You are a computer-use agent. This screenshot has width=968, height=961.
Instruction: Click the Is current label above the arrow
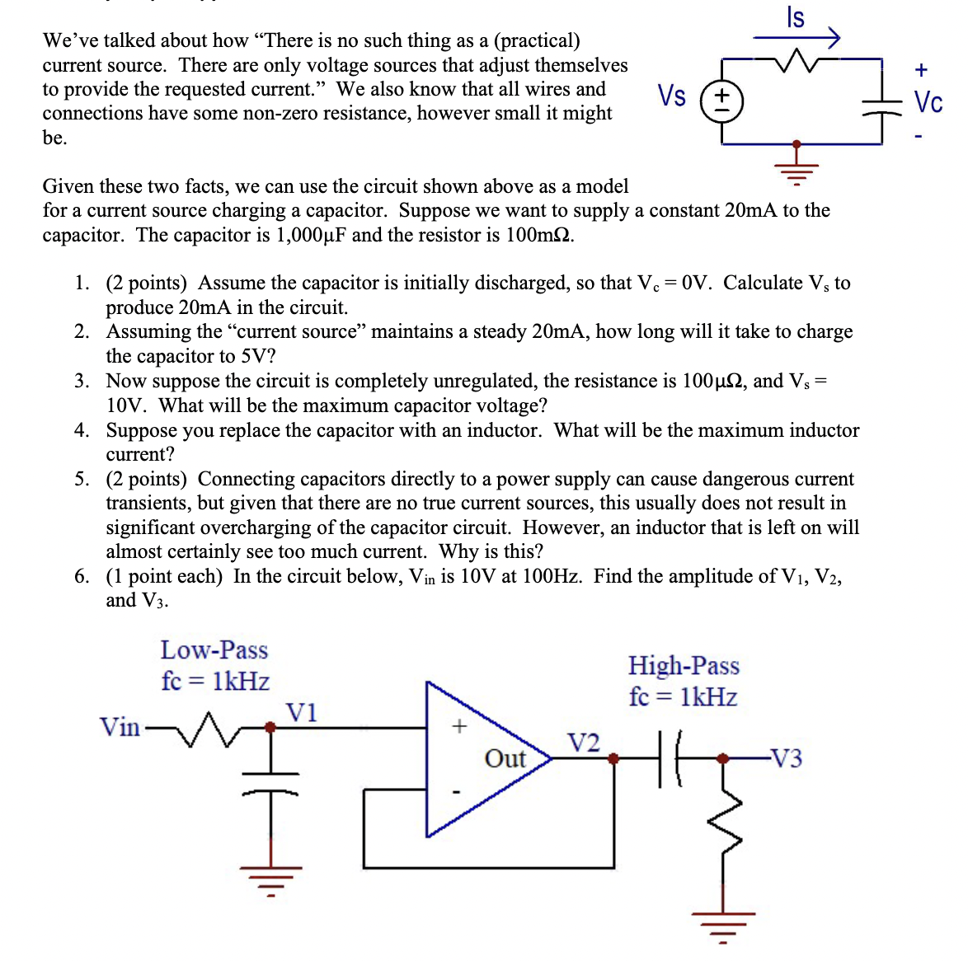click(795, 16)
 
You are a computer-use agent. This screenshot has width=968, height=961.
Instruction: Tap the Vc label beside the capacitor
click(928, 102)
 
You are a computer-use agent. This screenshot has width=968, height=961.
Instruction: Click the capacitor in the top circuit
click(882, 103)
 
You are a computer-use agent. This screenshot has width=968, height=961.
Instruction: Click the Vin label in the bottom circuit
click(120, 727)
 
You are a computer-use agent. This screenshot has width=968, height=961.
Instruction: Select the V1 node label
click(301, 712)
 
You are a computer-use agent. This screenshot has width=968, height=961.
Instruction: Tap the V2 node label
click(584, 743)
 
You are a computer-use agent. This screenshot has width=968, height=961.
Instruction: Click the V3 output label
click(785, 758)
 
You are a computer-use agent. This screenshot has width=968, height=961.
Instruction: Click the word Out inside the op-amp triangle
click(505, 758)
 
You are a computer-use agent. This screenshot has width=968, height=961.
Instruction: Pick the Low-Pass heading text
click(214, 650)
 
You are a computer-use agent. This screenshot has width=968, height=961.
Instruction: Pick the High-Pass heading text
click(684, 665)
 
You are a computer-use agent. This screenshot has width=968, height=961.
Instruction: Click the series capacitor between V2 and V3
click(669, 758)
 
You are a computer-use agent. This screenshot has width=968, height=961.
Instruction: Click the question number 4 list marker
click(81, 430)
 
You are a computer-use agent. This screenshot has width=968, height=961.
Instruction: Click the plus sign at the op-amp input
click(459, 726)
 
